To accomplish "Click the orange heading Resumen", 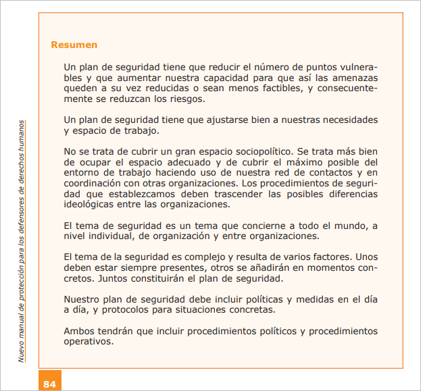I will pos(74,45).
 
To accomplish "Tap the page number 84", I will pos(49,384).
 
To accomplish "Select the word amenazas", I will pos(353,78).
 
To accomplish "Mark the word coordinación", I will pos(91,184).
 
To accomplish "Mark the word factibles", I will pos(274,88).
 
